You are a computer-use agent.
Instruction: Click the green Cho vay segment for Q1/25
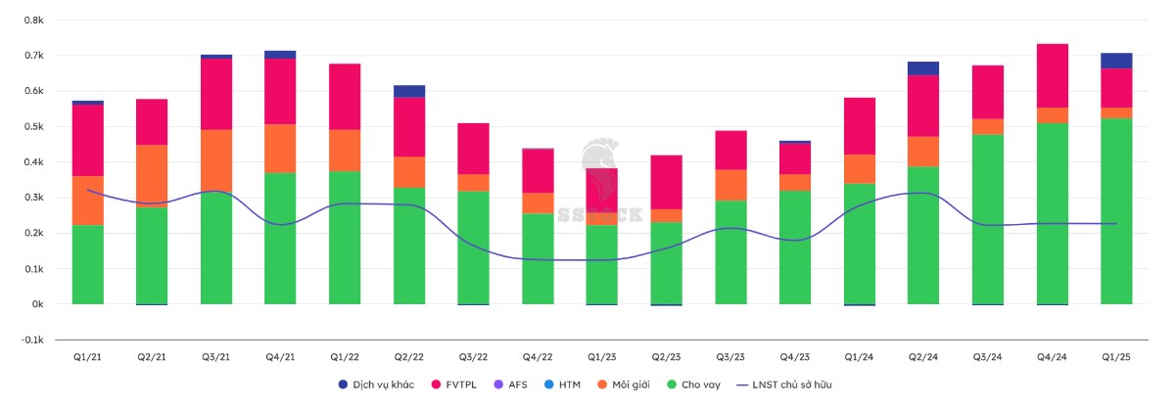coord(1116,210)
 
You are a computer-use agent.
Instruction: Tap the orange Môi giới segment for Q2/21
coord(152,176)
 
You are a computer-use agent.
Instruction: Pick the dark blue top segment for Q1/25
coord(1116,61)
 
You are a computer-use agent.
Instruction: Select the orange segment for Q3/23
coord(730,185)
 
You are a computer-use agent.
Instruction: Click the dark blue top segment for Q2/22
coord(409,91)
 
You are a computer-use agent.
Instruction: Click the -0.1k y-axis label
coord(31,339)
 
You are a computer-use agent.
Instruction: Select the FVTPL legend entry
coord(462,384)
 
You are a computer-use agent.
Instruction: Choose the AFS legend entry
coord(525,384)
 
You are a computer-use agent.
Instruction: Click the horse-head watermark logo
coord(599,161)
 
